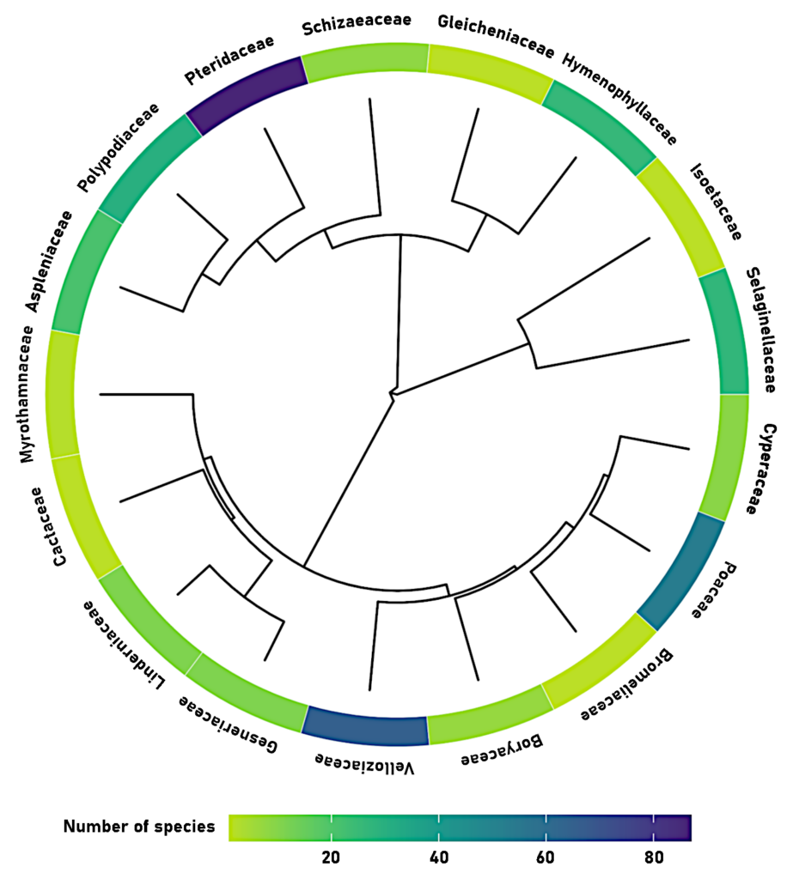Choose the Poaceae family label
coord(718,591)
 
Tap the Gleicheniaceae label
coord(495,36)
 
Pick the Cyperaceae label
coord(759,469)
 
